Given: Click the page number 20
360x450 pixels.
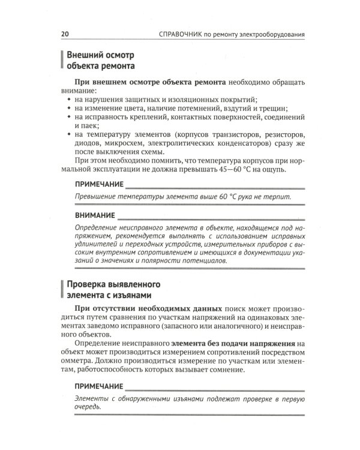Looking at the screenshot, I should coord(65,35).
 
